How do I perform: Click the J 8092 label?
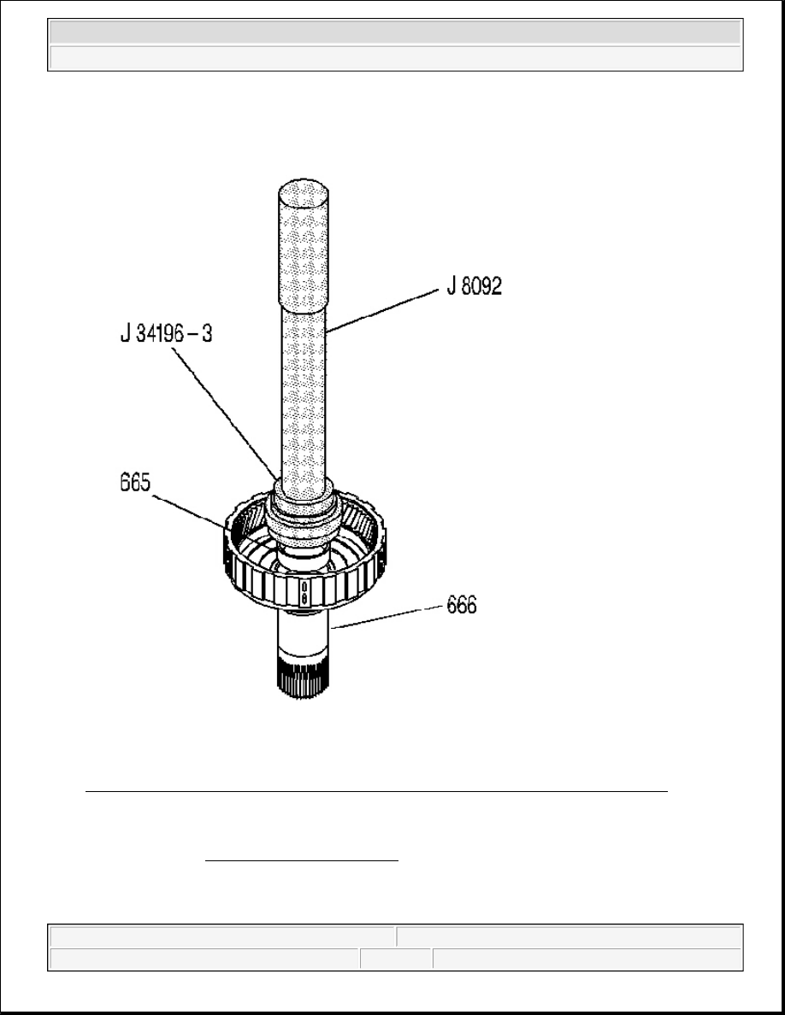click(x=474, y=285)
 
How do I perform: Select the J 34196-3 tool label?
click(x=167, y=333)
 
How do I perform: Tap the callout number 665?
click(x=135, y=483)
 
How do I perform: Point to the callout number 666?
click(x=462, y=605)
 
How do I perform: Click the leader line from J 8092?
click(x=382, y=311)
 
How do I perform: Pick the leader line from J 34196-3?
click(x=226, y=413)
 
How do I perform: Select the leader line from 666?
click(x=387, y=618)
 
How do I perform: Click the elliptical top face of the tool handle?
click(x=304, y=193)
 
